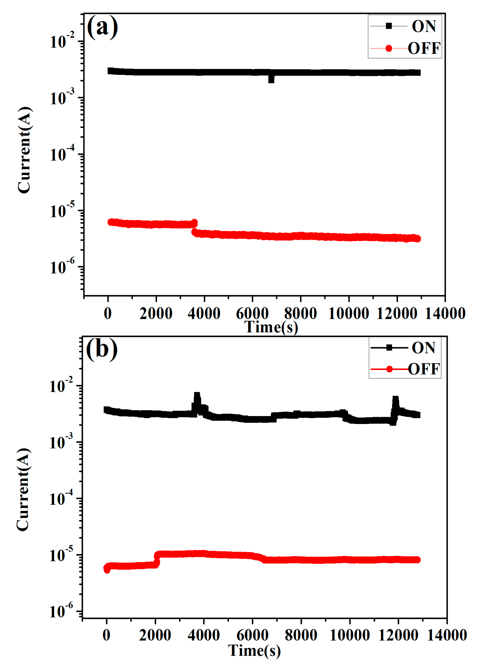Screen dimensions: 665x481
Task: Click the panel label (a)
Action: (x=102, y=27)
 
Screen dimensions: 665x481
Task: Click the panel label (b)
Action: (x=102, y=349)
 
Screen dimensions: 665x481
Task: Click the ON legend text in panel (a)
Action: (x=423, y=26)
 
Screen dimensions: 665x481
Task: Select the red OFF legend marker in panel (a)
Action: (x=389, y=48)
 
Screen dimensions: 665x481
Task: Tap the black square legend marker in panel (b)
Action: (x=389, y=348)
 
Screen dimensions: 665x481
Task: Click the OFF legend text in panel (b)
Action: (x=424, y=369)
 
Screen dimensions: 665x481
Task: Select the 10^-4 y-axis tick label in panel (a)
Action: (x=62, y=155)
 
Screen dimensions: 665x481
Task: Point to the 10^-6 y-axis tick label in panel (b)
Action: (x=61, y=612)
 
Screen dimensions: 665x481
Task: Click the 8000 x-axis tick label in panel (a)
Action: (x=300, y=313)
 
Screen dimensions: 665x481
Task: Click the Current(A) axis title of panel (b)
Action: (x=23, y=489)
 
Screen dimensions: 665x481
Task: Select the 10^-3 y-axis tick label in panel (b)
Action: (x=61, y=442)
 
